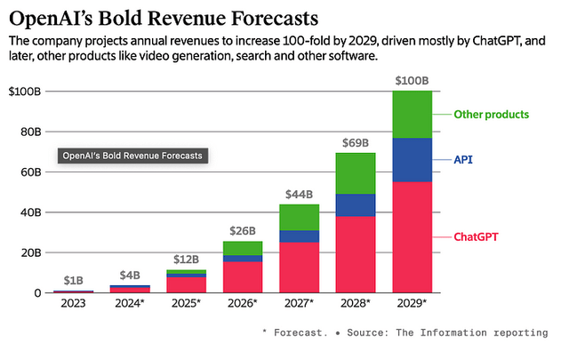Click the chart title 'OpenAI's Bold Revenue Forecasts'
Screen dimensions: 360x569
[x=164, y=18]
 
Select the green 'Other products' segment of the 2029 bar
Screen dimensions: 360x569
[x=413, y=114]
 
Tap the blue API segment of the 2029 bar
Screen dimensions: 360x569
[x=413, y=160]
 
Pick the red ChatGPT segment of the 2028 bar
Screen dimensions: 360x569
[x=356, y=254]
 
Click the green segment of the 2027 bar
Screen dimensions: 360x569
[x=299, y=217]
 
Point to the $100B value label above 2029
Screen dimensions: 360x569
[x=413, y=81]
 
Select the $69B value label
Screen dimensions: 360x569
[x=356, y=143]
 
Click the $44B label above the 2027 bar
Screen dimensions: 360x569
[x=299, y=194]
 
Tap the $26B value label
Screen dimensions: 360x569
[x=242, y=230]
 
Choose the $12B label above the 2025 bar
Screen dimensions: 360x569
[x=185, y=259]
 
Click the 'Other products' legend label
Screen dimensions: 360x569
[x=491, y=115]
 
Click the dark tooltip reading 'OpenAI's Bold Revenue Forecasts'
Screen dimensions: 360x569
[x=132, y=156]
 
